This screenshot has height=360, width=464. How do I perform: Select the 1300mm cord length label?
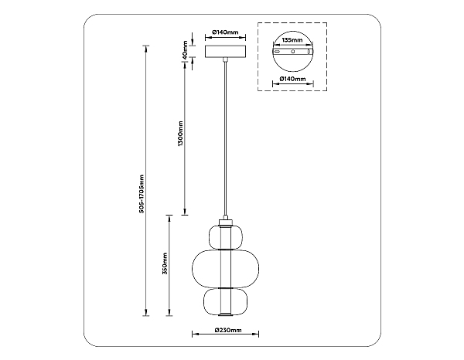tap(180, 134)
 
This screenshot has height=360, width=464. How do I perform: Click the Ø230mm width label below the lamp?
tap(225, 331)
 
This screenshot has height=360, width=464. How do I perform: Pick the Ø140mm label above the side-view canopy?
tap(224, 32)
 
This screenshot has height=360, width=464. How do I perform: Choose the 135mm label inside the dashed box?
tap(292, 37)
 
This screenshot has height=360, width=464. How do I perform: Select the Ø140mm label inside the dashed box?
tap(292, 79)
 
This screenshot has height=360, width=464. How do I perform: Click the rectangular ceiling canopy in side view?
tap(224, 53)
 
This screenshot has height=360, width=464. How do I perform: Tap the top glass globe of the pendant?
tap(225, 236)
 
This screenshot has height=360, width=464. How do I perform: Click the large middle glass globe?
tap(225, 267)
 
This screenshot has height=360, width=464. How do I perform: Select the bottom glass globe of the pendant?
tap(225, 301)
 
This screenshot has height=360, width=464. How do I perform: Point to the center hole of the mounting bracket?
tap(292, 52)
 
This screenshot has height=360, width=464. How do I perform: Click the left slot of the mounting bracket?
tap(276, 52)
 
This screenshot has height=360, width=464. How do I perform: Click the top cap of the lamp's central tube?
tap(225, 221)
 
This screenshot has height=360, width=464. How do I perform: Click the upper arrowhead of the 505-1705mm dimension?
tap(146, 49)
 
